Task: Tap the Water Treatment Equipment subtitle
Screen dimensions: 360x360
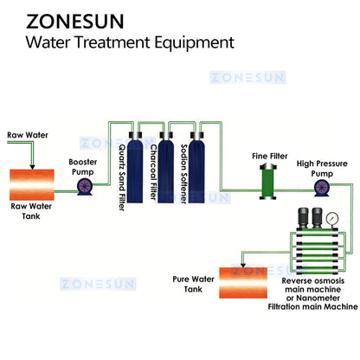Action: (x=130, y=42)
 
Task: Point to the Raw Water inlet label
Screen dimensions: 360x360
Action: (x=25, y=136)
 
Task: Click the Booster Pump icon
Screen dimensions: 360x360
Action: (x=84, y=186)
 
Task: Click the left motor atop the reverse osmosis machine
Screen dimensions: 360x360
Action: (x=305, y=218)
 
